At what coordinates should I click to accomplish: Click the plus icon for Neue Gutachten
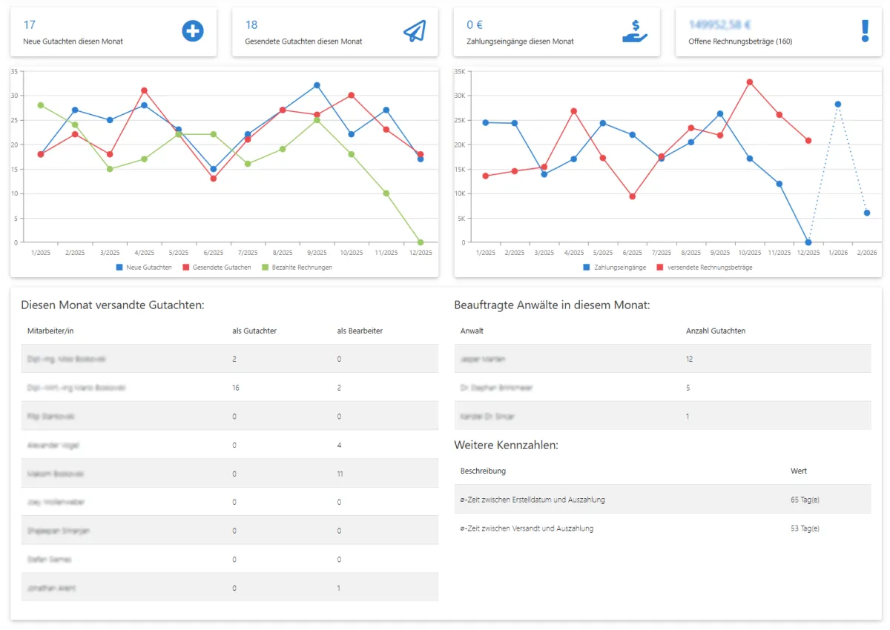pyautogui.click(x=193, y=31)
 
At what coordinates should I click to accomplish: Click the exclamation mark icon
pyautogui.click(x=864, y=31)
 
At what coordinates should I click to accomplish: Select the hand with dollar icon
pyautogui.click(x=635, y=31)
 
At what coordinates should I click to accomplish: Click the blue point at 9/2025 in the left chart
pyautogui.click(x=317, y=85)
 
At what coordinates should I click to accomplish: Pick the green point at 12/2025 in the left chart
pyautogui.click(x=421, y=242)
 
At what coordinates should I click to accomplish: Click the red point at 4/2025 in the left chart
pyautogui.click(x=144, y=90)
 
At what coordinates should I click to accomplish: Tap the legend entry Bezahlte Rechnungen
pyautogui.click(x=297, y=267)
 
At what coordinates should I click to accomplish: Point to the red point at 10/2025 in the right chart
pyautogui.click(x=749, y=82)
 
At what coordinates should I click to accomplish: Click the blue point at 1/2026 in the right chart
pyautogui.click(x=838, y=105)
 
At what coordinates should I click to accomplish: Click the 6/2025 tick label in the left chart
pyautogui.click(x=213, y=253)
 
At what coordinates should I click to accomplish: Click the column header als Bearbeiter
pyautogui.click(x=360, y=331)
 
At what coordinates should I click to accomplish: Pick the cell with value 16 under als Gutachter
pyautogui.click(x=235, y=388)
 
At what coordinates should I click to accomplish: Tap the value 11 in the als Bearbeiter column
pyautogui.click(x=340, y=474)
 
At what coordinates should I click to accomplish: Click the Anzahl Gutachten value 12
pyautogui.click(x=690, y=359)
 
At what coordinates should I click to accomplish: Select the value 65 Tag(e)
pyautogui.click(x=805, y=500)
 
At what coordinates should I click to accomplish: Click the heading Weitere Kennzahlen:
pyautogui.click(x=506, y=445)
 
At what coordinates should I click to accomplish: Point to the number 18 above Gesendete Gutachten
pyautogui.click(x=251, y=25)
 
